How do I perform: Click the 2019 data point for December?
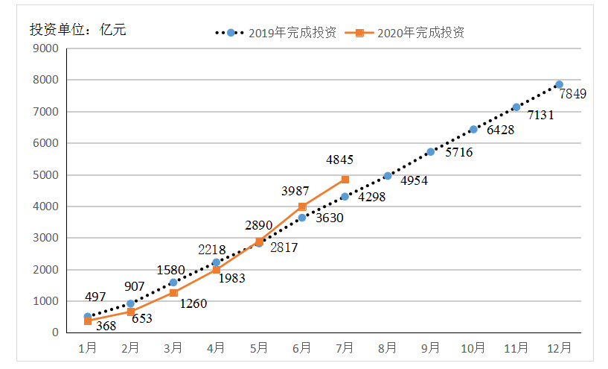[559, 85]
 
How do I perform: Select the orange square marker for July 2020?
[345, 180]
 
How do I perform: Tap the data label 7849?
[573, 94]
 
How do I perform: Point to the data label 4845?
[339, 160]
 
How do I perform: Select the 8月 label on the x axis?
[388, 347]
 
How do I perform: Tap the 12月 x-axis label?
[559, 347]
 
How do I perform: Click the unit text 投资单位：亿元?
[78, 31]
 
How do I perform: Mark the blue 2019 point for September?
[430, 152]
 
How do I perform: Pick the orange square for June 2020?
[302, 206]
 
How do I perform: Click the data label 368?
[107, 326]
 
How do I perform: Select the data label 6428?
[501, 130]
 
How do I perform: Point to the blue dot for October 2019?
[473, 130]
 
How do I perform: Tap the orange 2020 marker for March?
[173, 293]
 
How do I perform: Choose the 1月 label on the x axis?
[88, 347]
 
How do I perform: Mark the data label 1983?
[231, 278]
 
